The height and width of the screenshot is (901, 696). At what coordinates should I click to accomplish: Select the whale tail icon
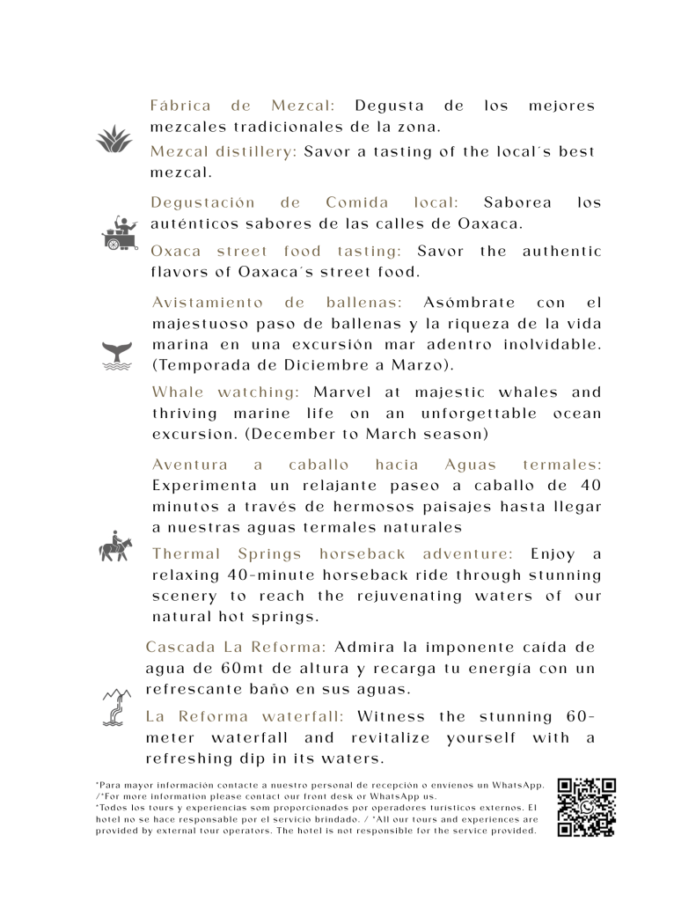[116, 355]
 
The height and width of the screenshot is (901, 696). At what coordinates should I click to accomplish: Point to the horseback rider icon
[115, 547]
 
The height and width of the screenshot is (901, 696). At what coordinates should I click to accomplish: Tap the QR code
[586, 807]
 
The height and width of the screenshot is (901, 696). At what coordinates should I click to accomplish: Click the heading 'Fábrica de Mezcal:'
[245, 106]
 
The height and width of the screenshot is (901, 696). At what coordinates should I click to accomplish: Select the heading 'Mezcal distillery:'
[223, 151]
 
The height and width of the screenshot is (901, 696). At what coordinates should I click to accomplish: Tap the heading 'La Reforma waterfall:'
[245, 716]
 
